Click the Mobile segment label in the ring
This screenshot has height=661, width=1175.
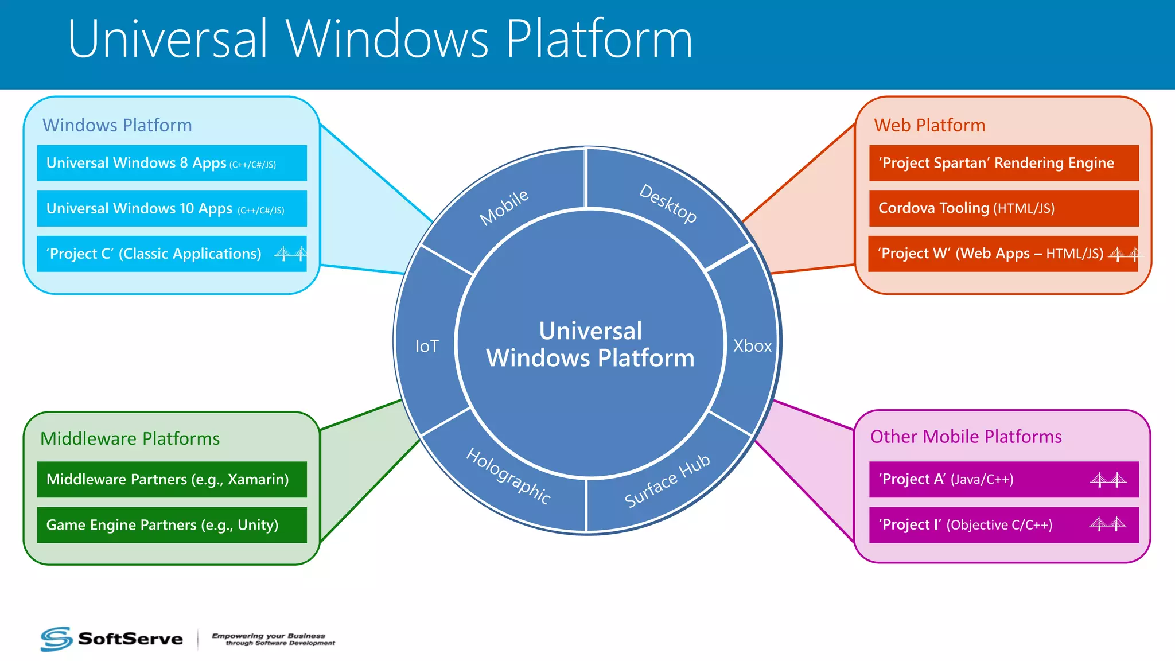pyautogui.click(x=504, y=207)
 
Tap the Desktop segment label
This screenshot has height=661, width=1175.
pyautogui.click(x=668, y=203)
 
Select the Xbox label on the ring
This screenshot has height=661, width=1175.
pyautogui.click(x=752, y=346)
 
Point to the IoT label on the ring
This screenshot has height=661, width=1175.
pyautogui.click(x=427, y=346)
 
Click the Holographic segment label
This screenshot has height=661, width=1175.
pyautogui.click(x=508, y=476)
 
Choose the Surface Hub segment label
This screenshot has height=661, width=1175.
pyautogui.click(x=667, y=481)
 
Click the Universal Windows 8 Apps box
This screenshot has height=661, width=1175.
pyautogui.click(x=172, y=163)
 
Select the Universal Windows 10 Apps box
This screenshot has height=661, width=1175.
pyautogui.click(x=172, y=208)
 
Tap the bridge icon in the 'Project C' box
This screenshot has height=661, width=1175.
pyautogui.click(x=290, y=253)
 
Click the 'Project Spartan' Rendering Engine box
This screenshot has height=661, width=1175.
pyautogui.click(x=1003, y=163)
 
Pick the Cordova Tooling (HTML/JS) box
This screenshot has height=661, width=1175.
pyautogui.click(x=1003, y=208)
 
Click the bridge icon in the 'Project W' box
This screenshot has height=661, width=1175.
pyautogui.click(x=1124, y=254)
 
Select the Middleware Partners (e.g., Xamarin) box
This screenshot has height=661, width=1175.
pyautogui.click(x=172, y=479)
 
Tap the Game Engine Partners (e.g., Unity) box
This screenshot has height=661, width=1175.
pyautogui.click(x=172, y=524)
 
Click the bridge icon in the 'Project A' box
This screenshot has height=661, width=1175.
pyautogui.click(x=1108, y=480)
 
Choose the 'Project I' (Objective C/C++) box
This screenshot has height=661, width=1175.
pyautogui.click(x=1003, y=524)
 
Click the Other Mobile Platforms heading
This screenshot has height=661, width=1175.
pyautogui.click(x=966, y=437)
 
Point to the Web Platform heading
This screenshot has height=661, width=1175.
pyautogui.click(x=929, y=125)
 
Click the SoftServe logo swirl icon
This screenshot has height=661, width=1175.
pyautogui.click(x=56, y=639)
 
